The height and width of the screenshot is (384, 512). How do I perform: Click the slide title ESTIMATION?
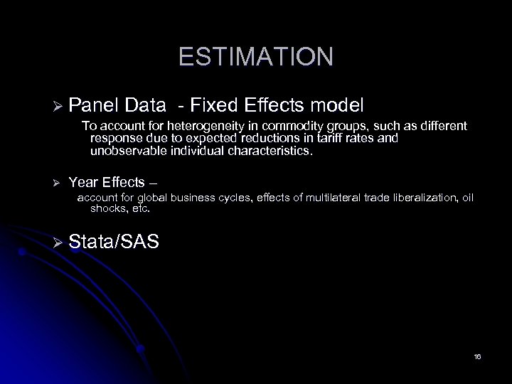click(255, 56)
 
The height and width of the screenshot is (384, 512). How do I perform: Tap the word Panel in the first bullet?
click(95, 106)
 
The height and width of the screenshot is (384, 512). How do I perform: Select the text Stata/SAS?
click(114, 242)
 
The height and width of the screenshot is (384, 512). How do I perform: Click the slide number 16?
click(477, 356)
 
